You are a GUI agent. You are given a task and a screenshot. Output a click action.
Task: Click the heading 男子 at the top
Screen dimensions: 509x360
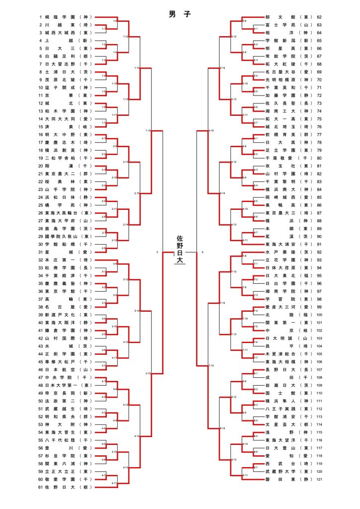click(180, 14)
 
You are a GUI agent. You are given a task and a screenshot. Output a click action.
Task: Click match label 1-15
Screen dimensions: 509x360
click(148, 130)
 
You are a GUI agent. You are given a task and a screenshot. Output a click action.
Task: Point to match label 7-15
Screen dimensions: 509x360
click(211, 365)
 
